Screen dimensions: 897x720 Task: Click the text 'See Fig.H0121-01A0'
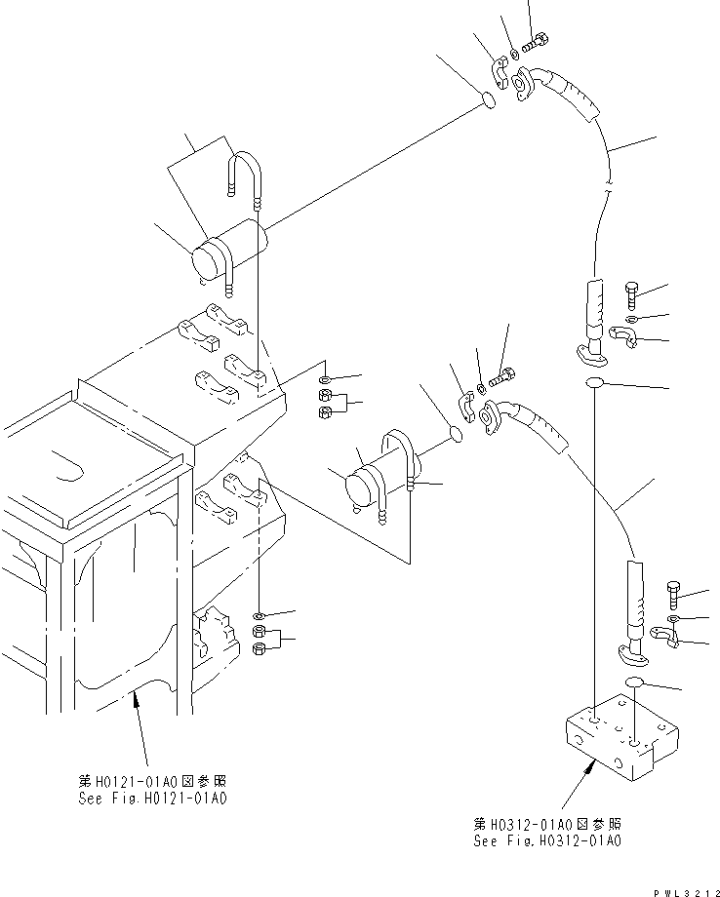[x=153, y=799]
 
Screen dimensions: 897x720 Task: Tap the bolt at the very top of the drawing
[x=537, y=42]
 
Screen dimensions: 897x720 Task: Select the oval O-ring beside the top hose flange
[x=491, y=99]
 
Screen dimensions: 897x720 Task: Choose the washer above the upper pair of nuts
[x=325, y=378]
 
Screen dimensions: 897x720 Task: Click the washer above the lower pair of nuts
[x=259, y=616]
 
